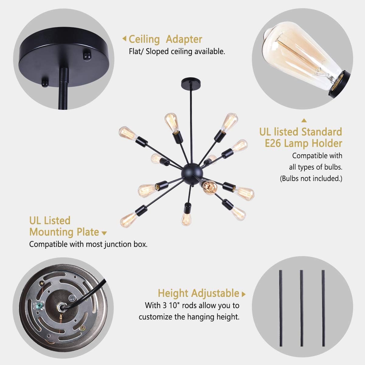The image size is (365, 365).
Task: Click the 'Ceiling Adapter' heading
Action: [165, 39]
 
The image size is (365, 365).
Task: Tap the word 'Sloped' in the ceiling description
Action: [158, 51]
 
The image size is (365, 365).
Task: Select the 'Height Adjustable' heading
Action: [198, 293]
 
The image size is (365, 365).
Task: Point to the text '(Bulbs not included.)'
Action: [311, 178]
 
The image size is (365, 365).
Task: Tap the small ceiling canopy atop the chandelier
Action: [190, 82]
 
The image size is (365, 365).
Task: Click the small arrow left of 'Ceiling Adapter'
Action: [124, 39]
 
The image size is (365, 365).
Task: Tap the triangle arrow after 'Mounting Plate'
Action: [104, 233]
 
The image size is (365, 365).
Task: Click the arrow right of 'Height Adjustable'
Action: [243, 294]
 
